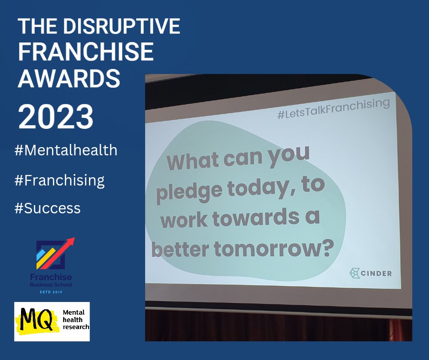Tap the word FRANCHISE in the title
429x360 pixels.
click(86, 53)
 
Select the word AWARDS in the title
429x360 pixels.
click(69, 79)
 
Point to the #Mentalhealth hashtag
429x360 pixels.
click(66, 150)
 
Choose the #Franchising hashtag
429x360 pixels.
click(59, 180)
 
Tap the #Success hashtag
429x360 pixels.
click(47, 208)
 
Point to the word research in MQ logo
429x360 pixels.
click(76, 327)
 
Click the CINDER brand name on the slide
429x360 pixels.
click(375, 274)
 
